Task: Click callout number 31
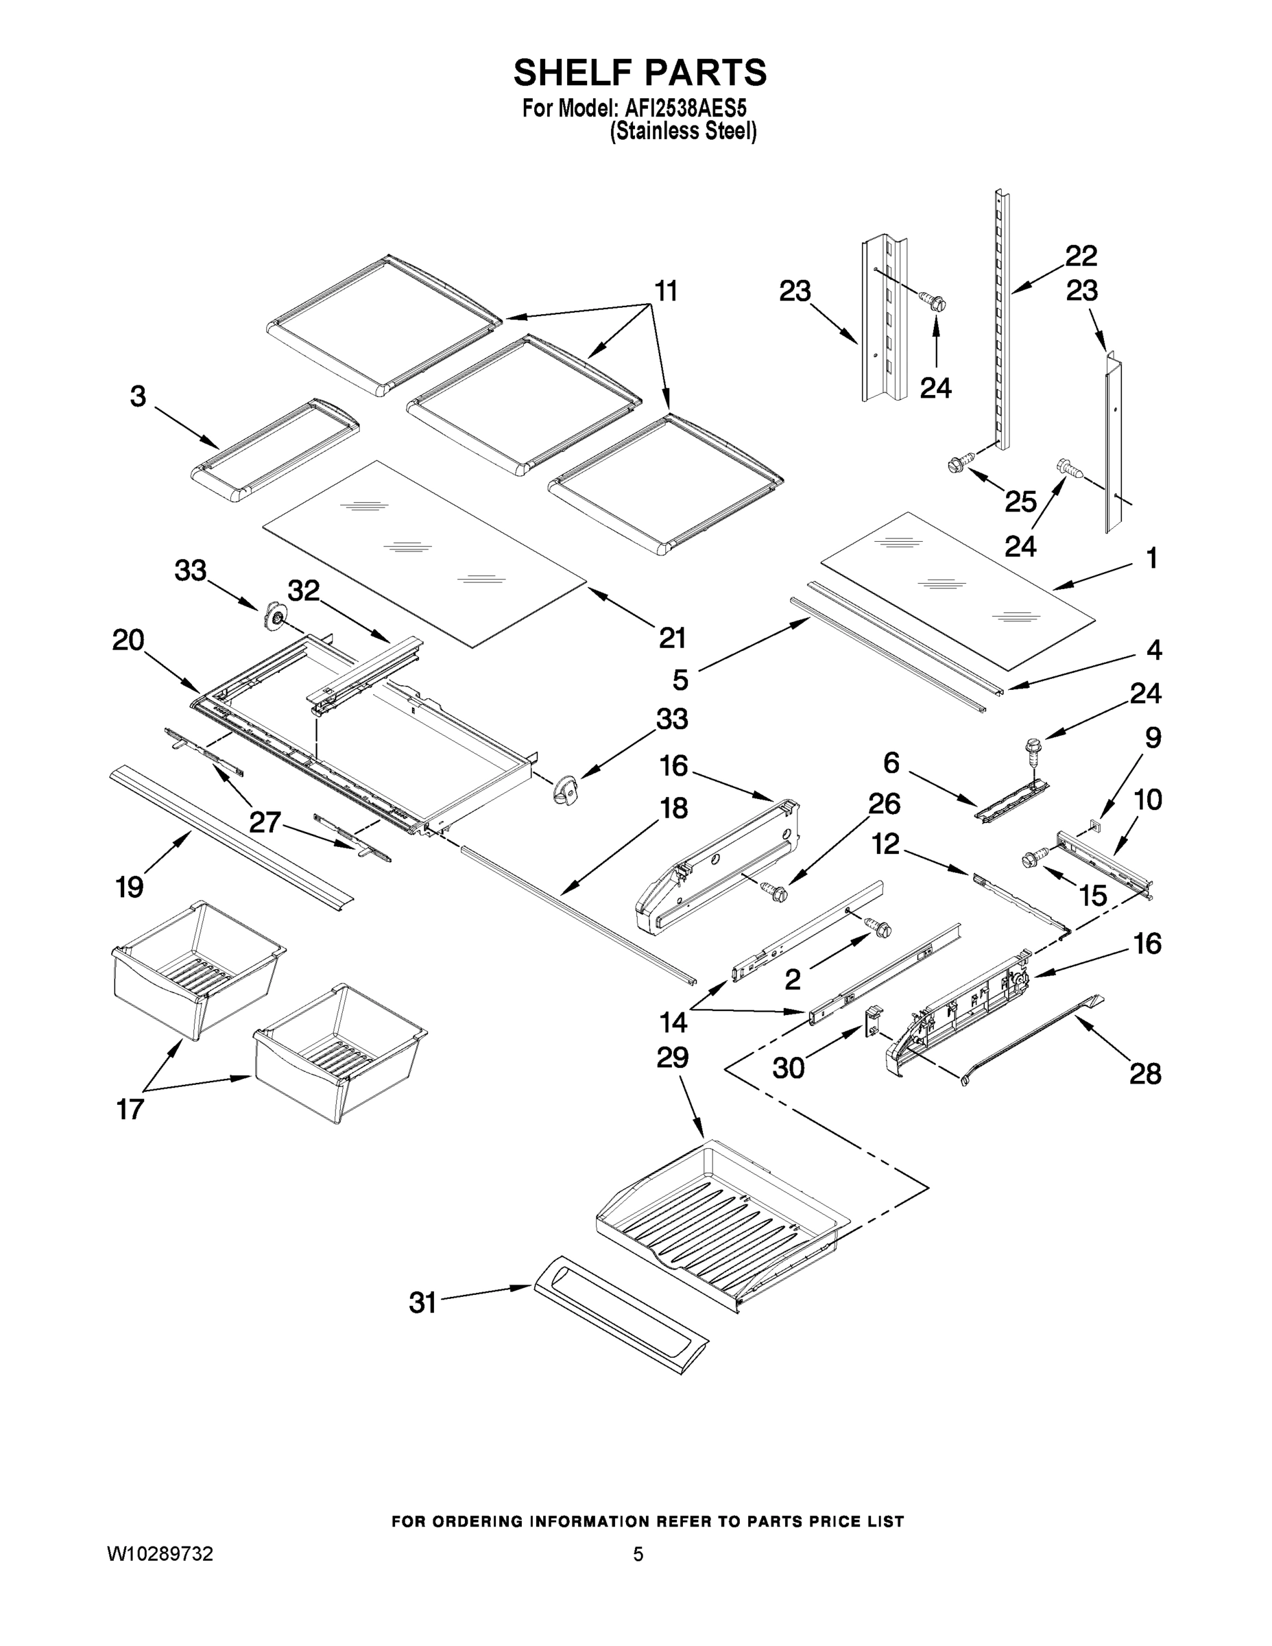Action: [x=423, y=1302]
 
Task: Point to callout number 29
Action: [x=672, y=1058]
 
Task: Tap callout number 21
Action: [x=672, y=638]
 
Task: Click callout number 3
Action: [x=138, y=396]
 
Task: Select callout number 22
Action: [x=1081, y=257]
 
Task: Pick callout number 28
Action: [x=1145, y=1073]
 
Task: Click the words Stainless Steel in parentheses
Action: [x=683, y=132]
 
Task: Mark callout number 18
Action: [x=673, y=809]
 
